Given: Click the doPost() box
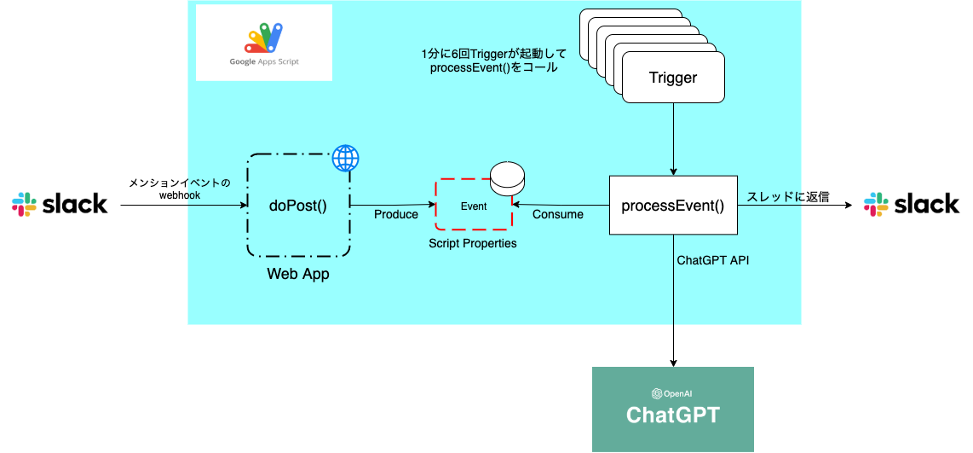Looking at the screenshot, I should tap(298, 206).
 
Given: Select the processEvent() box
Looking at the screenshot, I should tap(672, 206).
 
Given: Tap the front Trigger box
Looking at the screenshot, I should tap(673, 78).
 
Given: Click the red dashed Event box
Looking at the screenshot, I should tap(473, 206).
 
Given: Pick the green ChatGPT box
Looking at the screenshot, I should tap(672, 409).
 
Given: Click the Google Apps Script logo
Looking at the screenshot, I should tap(264, 43).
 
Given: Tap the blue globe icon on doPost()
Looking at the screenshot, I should tap(345, 158).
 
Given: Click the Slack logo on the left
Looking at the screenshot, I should tap(60, 204).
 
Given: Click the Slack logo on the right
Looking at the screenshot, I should tap(911, 204).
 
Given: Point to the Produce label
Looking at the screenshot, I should tap(396, 214).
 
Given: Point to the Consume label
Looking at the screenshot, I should tap(558, 214).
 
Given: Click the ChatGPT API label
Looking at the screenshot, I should tap(712, 259).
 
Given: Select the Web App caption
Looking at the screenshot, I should tap(298, 274).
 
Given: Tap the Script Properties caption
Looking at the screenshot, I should tap(473, 243).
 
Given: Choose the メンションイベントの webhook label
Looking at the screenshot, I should tap(179, 189).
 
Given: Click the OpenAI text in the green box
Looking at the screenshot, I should tap(672, 393).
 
